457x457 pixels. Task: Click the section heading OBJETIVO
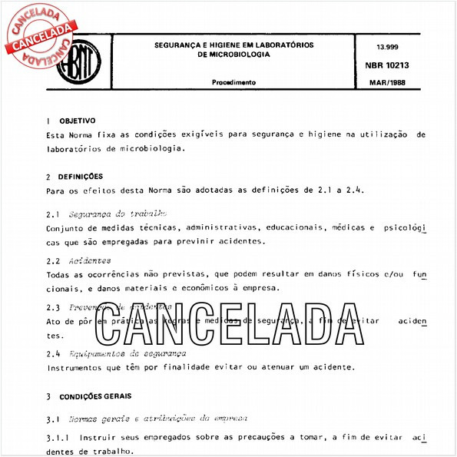click(77, 121)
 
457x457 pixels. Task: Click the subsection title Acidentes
click(89, 260)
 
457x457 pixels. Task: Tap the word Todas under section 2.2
click(60, 274)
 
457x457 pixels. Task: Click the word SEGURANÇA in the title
click(180, 45)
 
